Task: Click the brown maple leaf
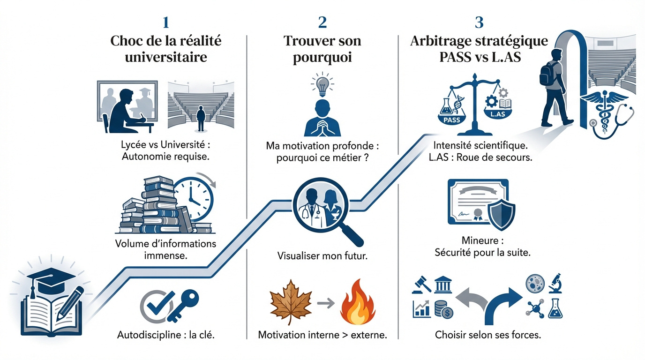point(291,303)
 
